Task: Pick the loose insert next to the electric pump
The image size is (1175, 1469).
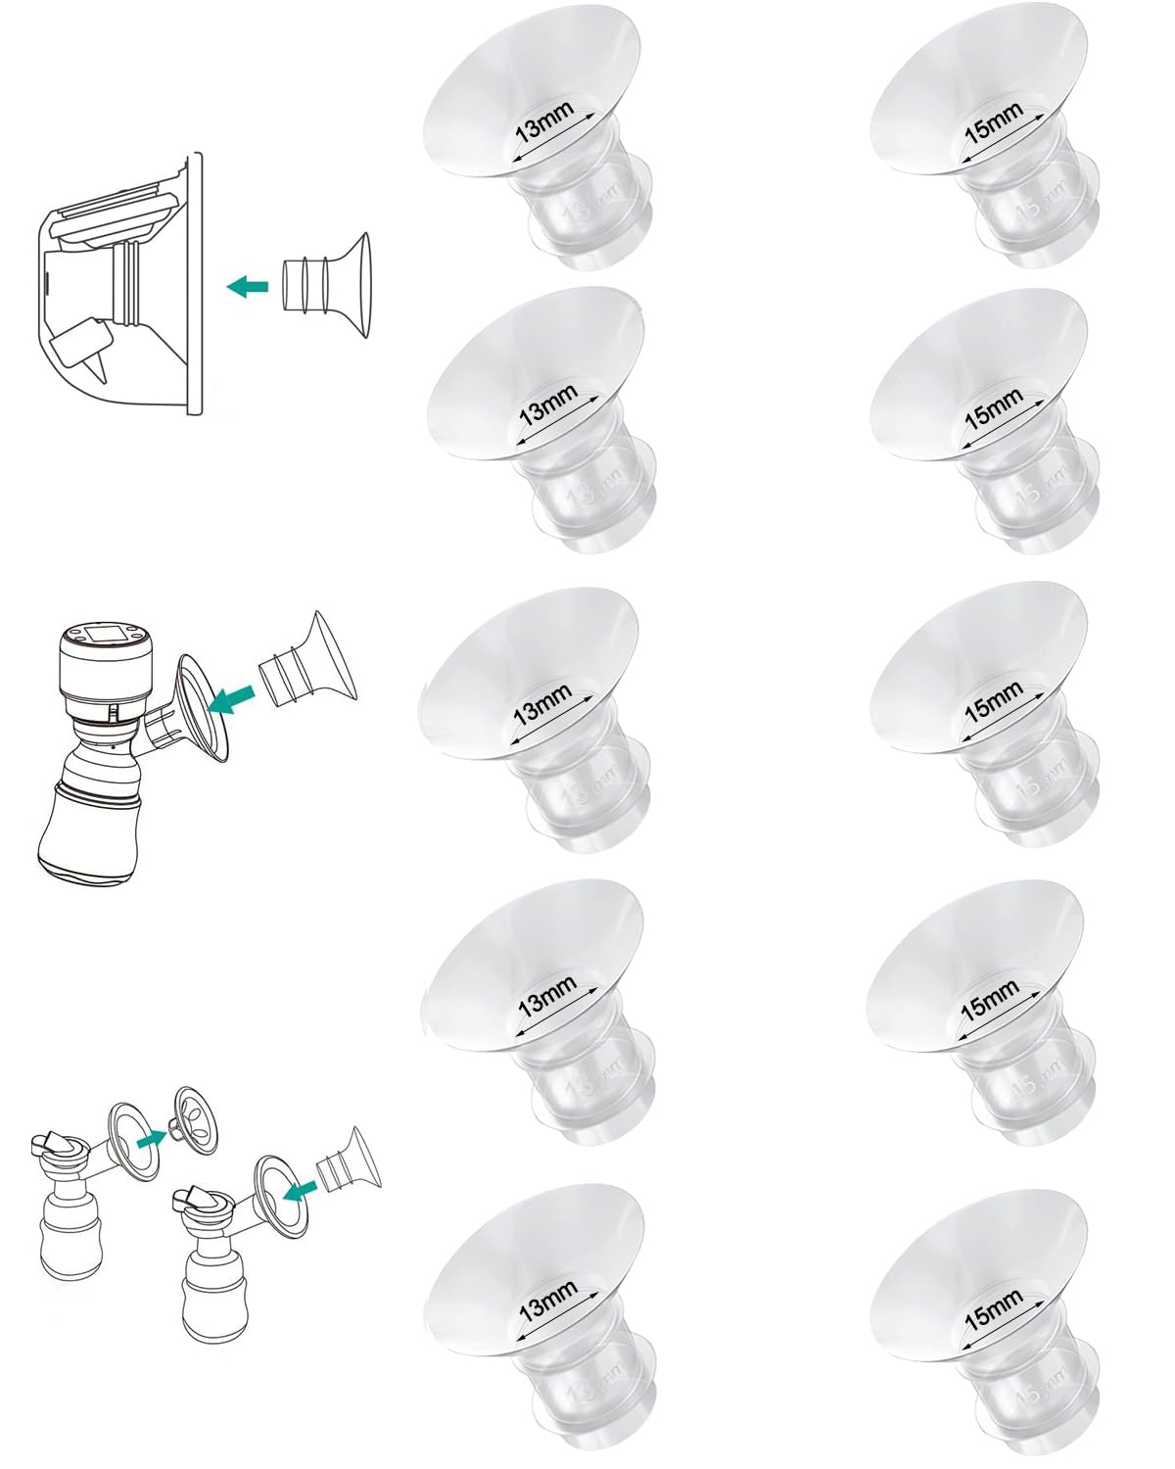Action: pos(307,660)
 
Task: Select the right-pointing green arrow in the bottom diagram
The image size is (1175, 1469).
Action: pos(150,1139)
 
